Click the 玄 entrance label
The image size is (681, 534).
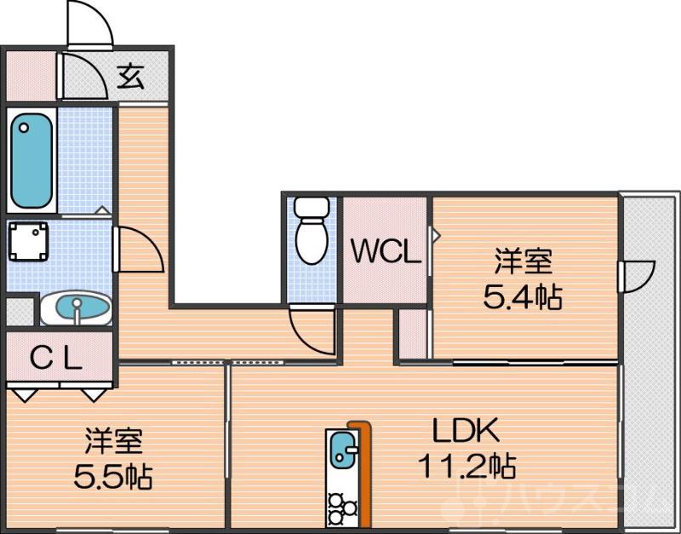130,78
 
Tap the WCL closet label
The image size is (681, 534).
386,252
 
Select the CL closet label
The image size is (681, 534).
56,359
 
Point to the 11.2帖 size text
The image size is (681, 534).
466,466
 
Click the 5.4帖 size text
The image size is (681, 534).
523,296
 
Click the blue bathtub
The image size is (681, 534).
31,160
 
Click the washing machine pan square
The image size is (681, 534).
29,243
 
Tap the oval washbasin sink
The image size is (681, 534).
76,308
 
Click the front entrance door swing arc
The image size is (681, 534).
90,21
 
